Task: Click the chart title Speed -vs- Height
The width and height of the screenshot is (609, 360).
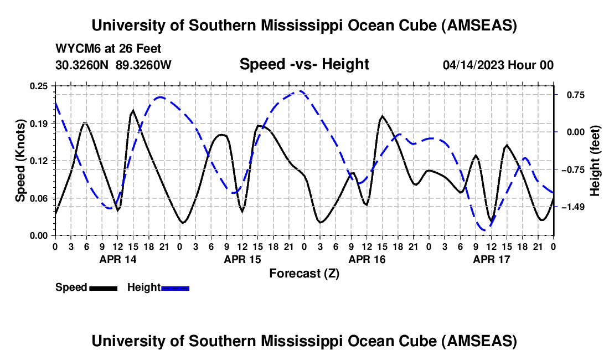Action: (304, 65)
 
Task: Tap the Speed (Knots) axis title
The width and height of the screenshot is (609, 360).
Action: (20, 160)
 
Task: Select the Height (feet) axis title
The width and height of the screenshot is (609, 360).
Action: (595, 160)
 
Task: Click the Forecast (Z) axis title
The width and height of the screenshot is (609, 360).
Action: (304, 273)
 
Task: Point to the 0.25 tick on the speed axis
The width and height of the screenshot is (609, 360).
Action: (39, 86)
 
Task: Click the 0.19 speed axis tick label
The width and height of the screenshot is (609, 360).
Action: (39, 123)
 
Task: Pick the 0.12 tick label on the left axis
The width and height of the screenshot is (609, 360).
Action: (39, 161)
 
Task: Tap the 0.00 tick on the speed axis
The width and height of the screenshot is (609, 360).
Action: (39, 235)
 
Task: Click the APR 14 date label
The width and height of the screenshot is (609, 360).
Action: (117, 259)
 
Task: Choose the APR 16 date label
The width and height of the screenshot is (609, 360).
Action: (367, 259)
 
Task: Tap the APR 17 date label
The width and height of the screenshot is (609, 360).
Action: (491, 259)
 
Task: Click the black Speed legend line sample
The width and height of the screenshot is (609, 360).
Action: (103, 287)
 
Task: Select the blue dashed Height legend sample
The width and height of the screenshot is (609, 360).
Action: (175, 287)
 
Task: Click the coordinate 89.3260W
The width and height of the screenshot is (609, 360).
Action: (144, 65)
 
